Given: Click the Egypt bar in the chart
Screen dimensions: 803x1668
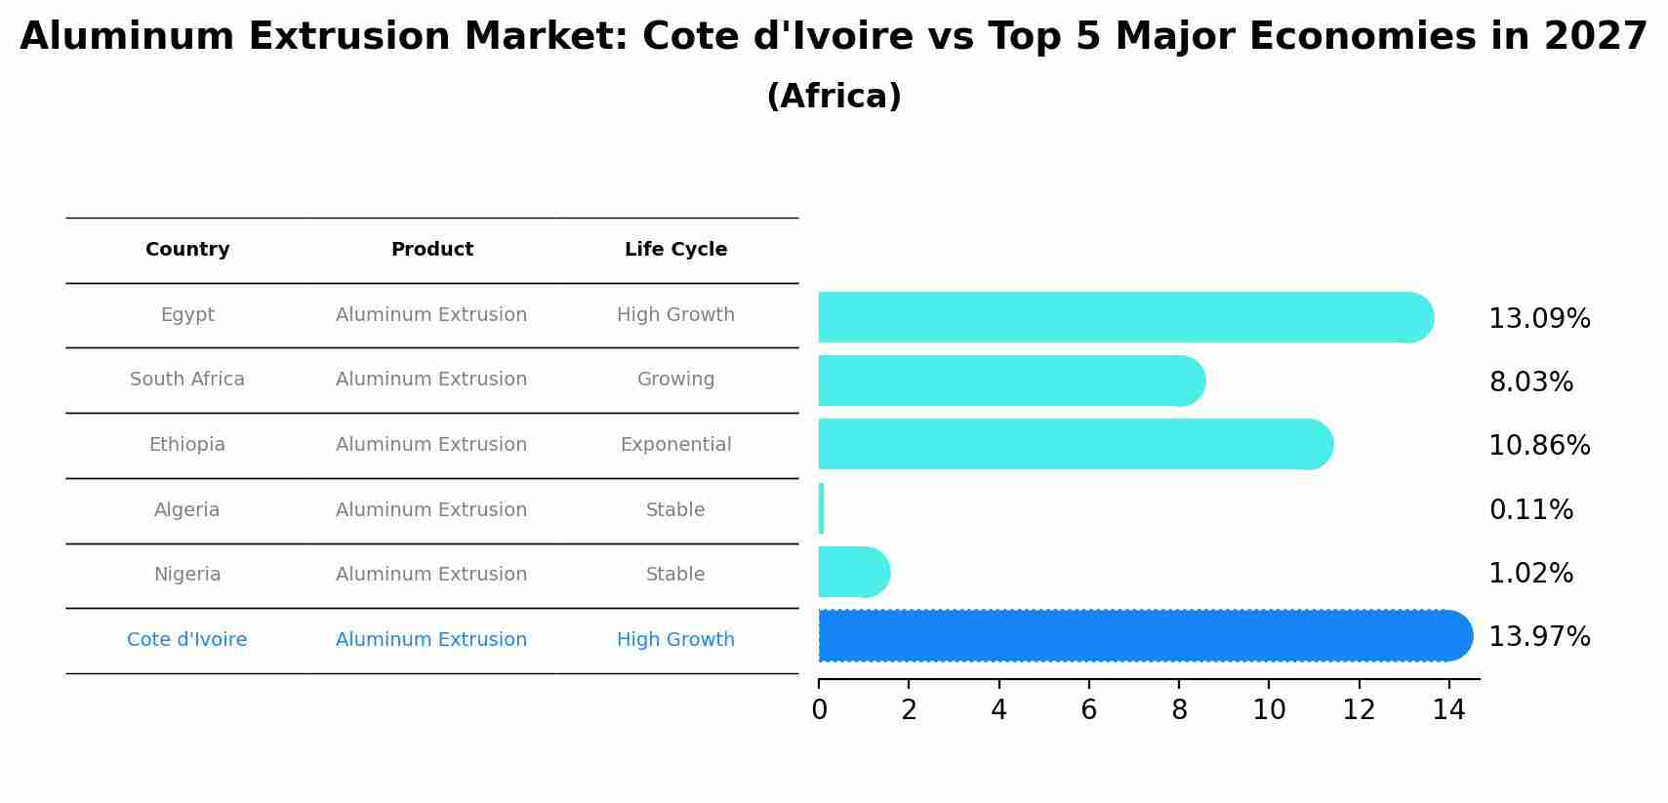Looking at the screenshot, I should [1122, 317].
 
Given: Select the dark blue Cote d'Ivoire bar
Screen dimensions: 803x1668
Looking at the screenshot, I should [1142, 636].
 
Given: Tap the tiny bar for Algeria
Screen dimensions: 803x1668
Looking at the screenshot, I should [822, 509].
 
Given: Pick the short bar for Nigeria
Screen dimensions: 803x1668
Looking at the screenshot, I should [852, 573].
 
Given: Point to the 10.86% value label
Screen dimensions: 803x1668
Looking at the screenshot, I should [1539, 446].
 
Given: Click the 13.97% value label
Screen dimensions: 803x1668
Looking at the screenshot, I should [1539, 637].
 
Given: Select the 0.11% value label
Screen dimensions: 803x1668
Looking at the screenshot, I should [1530, 510].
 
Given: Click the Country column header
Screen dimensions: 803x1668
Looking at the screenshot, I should [187, 250].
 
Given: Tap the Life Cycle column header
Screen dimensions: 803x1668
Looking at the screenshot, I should [675, 250].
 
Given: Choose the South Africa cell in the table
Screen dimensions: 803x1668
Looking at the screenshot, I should [187, 380].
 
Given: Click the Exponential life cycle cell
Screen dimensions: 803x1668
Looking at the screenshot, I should [675, 445].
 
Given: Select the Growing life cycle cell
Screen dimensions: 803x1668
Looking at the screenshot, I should [675, 380].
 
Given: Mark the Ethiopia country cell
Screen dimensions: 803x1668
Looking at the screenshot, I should [187, 445].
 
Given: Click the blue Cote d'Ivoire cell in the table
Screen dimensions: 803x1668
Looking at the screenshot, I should [187, 640].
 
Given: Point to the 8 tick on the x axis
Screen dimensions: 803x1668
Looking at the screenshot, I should [1179, 710].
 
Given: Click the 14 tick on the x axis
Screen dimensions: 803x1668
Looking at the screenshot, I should [1448, 710].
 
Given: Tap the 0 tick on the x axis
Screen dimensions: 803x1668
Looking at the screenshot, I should [819, 710].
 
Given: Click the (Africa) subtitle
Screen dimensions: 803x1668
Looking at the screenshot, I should [834, 97].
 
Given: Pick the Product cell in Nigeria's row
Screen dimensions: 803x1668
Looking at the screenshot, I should [431, 575].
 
